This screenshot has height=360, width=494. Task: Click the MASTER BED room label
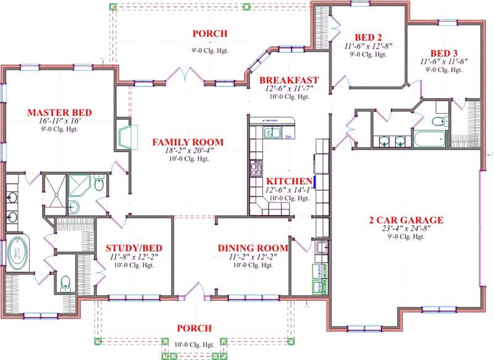[60, 112]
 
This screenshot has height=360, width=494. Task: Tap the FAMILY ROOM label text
[188, 143]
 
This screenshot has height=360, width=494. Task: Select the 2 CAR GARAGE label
[405, 220]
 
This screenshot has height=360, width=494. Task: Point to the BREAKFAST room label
[288, 80]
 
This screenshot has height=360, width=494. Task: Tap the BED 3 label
[445, 52]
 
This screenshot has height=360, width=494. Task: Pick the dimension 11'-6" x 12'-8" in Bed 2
[369, 46]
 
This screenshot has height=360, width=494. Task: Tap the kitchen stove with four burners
[255, 167]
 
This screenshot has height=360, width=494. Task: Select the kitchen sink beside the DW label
[270, 132]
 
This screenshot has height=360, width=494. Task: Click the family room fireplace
[125, 137]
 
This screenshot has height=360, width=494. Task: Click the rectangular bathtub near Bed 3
[429, 138]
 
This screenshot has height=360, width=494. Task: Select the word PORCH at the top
[210, 33]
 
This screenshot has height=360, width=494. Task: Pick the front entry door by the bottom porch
[199, 289]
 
